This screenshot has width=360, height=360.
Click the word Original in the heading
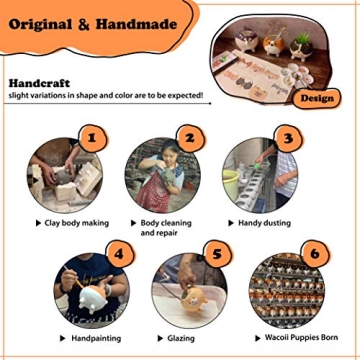point(40,25)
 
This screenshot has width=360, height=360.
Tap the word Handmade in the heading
point(136,24)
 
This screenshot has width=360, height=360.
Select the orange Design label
point(317,99)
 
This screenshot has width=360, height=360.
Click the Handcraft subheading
point(39,83)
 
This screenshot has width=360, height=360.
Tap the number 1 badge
point(93,138)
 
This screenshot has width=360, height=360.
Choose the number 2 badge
point(190,138)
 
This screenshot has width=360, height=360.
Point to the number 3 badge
point(288,138)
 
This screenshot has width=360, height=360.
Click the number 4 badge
point(120,254)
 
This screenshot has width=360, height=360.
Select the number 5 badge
point(217,254)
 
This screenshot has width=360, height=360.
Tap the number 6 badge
point(315,254)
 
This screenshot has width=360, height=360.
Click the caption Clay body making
point(77,223)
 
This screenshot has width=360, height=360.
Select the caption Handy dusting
point(264,223)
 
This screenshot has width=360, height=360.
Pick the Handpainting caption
point(96,339)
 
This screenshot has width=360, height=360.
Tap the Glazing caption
point(181,338)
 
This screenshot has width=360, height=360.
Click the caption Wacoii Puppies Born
point(301,337)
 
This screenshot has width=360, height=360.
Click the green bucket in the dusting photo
point(231,184)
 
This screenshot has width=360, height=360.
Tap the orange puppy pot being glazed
point(195,299)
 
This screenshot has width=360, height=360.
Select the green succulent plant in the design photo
point(302,39)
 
